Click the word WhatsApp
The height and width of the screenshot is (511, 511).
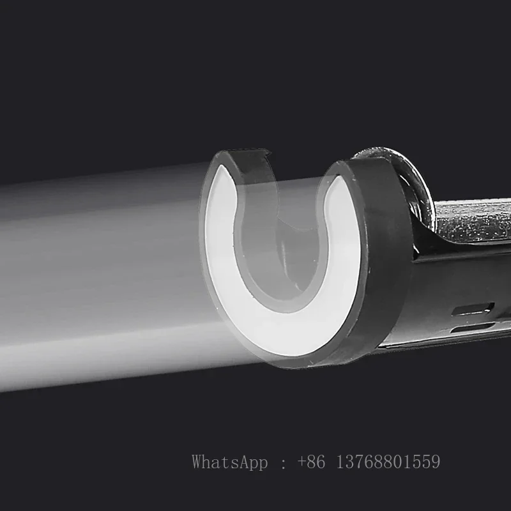(x=230, y=462)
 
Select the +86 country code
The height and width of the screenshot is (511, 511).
(x=312, y=462)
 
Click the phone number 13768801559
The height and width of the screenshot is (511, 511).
(x=388, y=462)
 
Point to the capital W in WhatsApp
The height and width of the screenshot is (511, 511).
(x=199, y=462)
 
